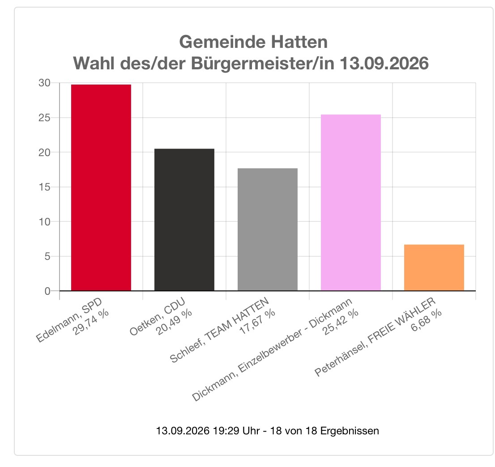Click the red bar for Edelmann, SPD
[101, 187]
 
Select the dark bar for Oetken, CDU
[184, 220]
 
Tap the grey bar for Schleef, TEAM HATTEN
[268, 229]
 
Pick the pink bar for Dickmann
[351, 203]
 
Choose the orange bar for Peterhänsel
[434, 267]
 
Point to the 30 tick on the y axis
[44, 83]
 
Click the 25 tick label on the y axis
[44, 118]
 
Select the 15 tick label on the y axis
[44, 187]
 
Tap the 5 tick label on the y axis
[48, 256]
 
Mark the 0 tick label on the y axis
[48, 291]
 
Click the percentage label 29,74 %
[90, 322]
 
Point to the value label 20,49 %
[174, 322]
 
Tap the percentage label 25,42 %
[340, 322]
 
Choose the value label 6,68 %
[426, 320]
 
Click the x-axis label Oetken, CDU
[157, 316]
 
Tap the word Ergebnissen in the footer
[350, 431]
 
